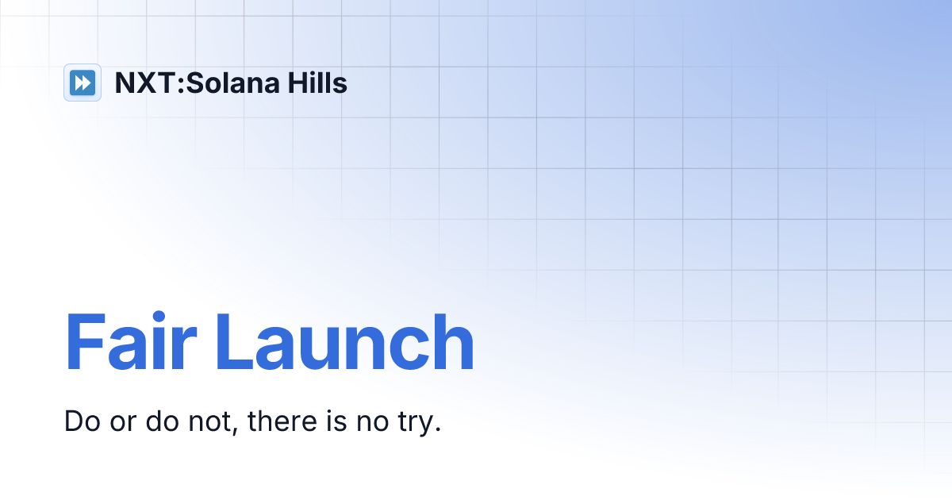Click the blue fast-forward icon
click(x=83, y=83)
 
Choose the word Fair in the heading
click(x=130, y=343)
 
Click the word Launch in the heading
click(x=344, y=343)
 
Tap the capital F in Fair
click(x=85, y=343)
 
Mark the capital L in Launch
click(x=233, y=343)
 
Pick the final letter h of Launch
click(x=453, y=343)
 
